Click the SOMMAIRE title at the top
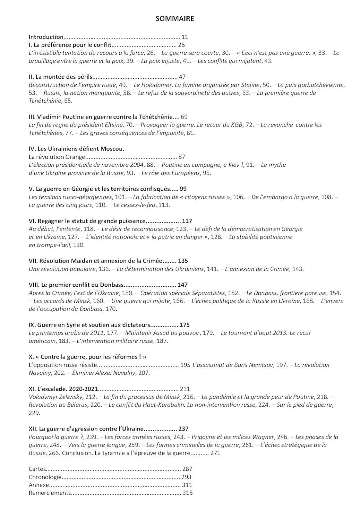pyautogui.click(x=175, y=19)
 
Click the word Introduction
pyautogui.click(x=46, y=37)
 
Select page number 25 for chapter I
pyautogui.click(x=181, y=45)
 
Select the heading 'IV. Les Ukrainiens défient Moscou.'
pyautogui.click(x=76, y=149)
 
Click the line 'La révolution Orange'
pyautogui.click(x=57, y=157)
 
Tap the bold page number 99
pyautogui.click(x=183, y=189)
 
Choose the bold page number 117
pyautogui.click(x=187, y=221)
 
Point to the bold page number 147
pyautogui.click(x=182, y=285)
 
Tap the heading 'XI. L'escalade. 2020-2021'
pyautogui.click(x=63, y=389)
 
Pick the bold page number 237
pyautogui.click(x=183, y=429)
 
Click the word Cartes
pyautogui.click(x=37, y=469)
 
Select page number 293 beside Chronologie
pyautogui.click(x=186, y=477)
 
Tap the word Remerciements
pyautogui.click(x=50, y=493)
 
